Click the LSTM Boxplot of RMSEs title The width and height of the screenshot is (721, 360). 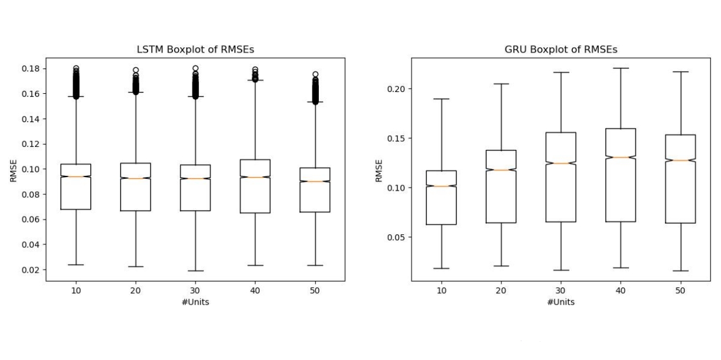point(195,50)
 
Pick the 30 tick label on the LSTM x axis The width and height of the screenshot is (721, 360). point(195,290)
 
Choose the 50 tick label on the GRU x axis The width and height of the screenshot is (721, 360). point(680,290)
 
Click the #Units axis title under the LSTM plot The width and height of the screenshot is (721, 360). point(195,302)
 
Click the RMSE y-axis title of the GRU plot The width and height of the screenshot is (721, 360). point(379,170)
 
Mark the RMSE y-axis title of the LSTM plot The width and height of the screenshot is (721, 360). point(13,170)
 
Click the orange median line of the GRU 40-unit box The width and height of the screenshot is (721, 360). point(620,157)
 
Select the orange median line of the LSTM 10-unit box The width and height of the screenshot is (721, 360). point(76,176)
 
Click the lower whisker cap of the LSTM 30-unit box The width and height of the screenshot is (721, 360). point(195,271)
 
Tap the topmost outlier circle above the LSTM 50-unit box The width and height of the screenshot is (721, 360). point(315,74)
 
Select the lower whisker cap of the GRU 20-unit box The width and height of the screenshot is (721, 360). point(501,266)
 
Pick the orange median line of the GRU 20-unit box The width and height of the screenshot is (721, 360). point(501,170)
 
